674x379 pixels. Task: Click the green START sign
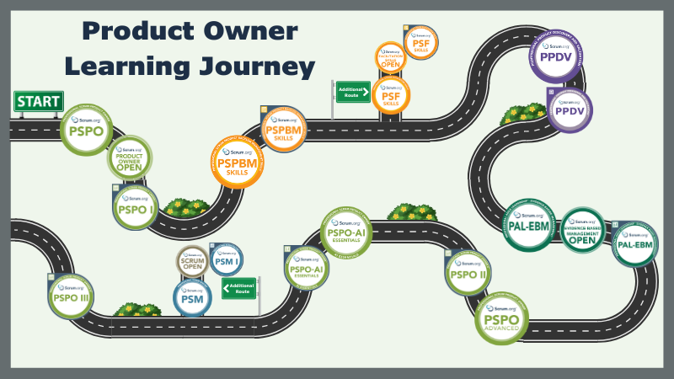coord(38,101)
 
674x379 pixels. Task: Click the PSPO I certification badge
coord(136,206)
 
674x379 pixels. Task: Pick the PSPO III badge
coord(71,297)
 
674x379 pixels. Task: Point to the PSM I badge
coord(226,261)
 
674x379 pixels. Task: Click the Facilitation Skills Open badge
coord(390,59)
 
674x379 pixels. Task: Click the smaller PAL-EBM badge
coord(635,243)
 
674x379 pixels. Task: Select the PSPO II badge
coord(468,273)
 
